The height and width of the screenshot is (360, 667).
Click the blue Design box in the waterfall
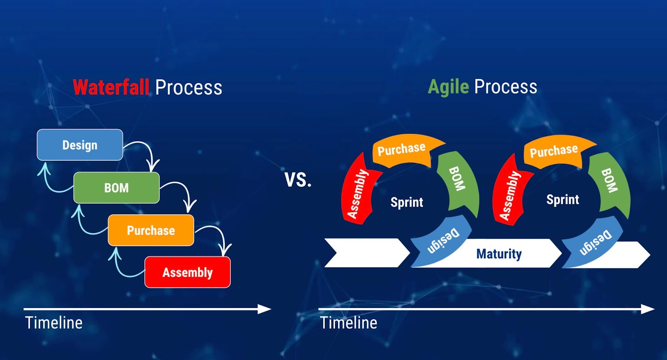click(80, 145)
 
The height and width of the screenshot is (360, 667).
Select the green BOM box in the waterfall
click(116, 188)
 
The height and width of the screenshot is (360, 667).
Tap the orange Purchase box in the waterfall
click(151, 230)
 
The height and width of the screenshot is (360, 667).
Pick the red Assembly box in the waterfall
click(188, 272)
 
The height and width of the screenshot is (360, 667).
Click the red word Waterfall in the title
click(111, 87)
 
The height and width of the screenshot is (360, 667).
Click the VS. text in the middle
click(298, 180)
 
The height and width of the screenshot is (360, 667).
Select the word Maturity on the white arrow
click(499, 254)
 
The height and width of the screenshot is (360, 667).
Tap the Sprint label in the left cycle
click(407, 202)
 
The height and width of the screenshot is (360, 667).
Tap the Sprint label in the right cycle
click(563, 200)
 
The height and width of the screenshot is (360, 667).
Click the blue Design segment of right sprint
click(592, 242)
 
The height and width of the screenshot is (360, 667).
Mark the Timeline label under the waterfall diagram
click(54, 323)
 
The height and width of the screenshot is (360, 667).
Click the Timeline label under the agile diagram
click(349, 323)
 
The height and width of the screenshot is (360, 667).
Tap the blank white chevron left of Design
click(367, 252)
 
